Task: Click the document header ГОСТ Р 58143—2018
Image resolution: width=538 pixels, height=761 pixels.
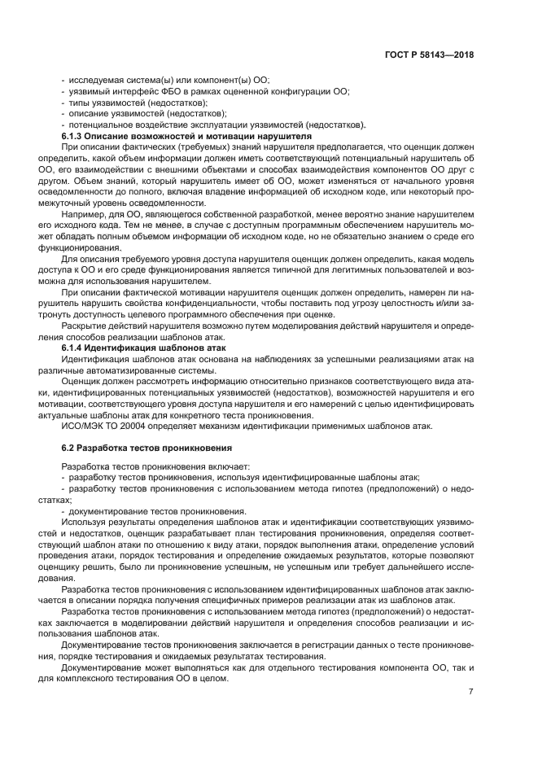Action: [428, 55]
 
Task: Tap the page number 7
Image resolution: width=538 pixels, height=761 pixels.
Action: [470, 692]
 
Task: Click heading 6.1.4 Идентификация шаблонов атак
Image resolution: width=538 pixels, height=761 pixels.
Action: [133, 348]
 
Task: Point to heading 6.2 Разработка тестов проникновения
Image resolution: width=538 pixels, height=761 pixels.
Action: [147, 447]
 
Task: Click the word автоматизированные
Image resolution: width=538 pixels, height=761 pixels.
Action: [131, 370]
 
